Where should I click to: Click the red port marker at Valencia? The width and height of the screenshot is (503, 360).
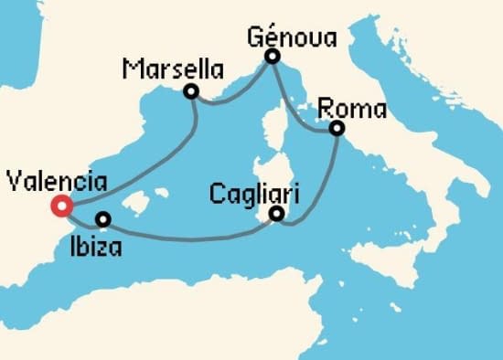61,206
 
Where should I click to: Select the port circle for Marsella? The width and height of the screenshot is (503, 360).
191,91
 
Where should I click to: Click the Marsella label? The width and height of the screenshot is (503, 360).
164,69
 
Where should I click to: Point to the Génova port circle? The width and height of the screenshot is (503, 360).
272,57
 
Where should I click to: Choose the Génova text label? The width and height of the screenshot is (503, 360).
292,37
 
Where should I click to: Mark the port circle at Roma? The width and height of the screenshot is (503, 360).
337,129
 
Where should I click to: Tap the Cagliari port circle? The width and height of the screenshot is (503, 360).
277,216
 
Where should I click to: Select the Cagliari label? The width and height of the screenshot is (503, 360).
254,194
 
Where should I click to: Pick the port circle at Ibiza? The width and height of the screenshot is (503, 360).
103,219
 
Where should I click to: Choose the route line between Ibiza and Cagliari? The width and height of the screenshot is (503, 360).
192,239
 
